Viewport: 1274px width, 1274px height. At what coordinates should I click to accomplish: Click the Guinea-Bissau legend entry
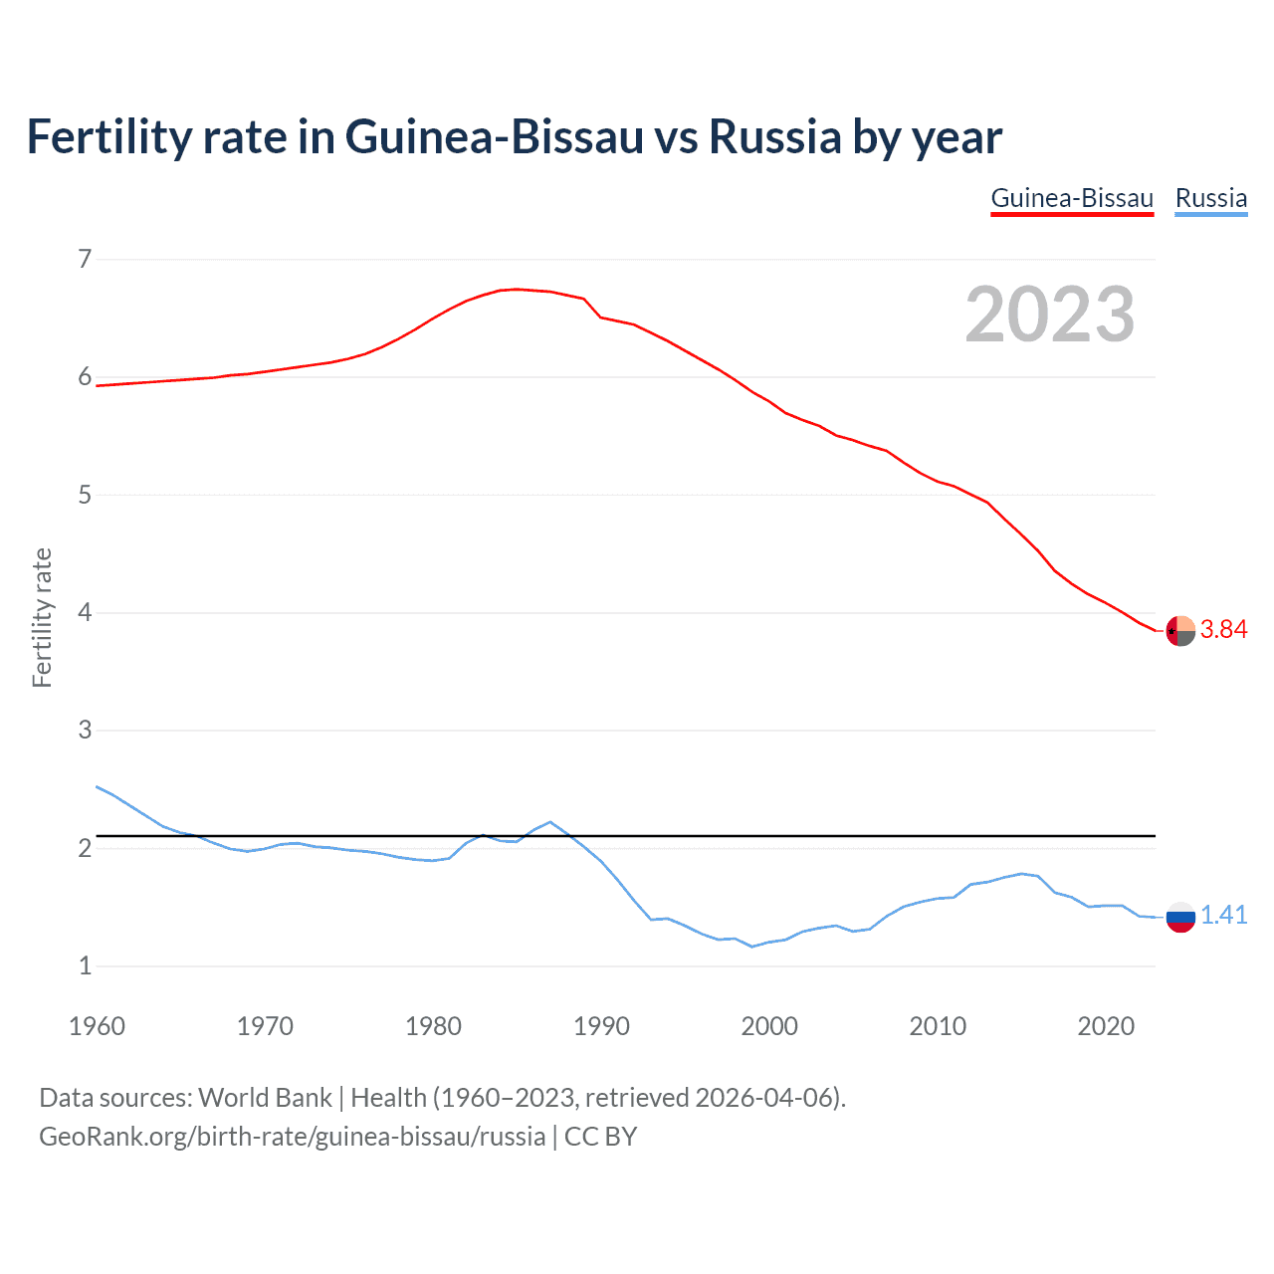(1072, 198)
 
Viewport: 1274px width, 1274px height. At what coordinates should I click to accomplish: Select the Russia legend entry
(1210, 198)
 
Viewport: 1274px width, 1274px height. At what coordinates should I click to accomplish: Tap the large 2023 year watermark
(1049, 315)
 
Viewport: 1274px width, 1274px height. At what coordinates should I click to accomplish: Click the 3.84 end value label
(1223, 629)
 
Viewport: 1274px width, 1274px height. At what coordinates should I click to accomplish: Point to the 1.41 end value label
(1223, 915)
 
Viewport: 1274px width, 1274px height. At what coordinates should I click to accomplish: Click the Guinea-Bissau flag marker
(1180, 631)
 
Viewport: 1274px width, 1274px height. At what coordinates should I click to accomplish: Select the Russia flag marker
(1180, 917)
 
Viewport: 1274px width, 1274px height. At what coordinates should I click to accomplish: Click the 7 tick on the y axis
(85, 260)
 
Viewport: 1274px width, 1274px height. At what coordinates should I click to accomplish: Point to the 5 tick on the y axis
(85, 495)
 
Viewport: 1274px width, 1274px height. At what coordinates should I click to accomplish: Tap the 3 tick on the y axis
(85, 731)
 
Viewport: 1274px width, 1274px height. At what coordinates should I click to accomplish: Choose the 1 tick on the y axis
(85, 965)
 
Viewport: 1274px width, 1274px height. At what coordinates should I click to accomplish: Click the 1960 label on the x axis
(97, 1026)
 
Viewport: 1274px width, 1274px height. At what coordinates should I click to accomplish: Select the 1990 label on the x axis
(601, 1026)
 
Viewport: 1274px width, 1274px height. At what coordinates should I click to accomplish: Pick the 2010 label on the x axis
(938, 1026)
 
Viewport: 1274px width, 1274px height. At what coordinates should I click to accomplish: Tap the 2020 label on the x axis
(1106, 1026)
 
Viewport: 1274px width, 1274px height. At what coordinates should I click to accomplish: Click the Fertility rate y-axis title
(42, 617)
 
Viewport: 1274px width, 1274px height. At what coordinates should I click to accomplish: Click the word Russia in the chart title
(775, 136)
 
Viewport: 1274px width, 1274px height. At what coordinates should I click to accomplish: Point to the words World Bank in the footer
(265, 1098)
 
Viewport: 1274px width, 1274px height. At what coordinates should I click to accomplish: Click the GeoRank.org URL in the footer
(292, 1137)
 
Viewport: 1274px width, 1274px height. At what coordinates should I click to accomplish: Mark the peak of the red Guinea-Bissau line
(516, 289)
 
